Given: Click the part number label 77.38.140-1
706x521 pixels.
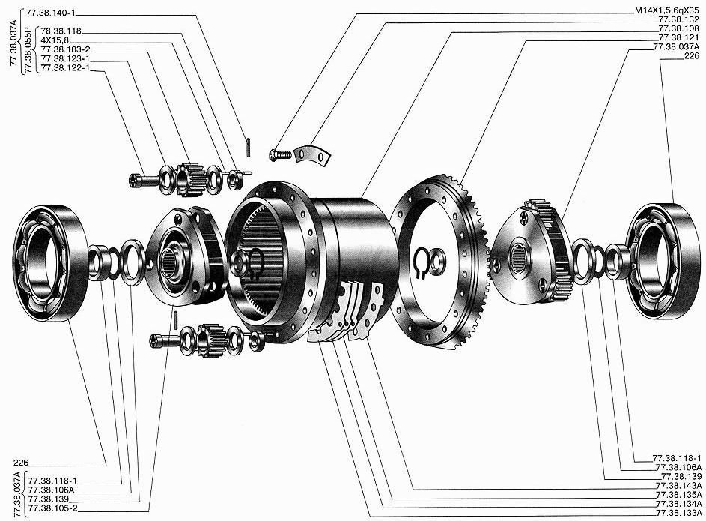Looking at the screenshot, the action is [50, 13].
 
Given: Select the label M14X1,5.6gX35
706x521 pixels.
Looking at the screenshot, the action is [667, 11].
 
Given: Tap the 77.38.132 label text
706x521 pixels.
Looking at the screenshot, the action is [678, 20].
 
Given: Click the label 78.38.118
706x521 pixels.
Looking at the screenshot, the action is [61, 31].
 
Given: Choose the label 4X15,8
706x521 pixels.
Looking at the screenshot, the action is [55, 40].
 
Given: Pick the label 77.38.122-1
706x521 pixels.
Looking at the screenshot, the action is [65, 68].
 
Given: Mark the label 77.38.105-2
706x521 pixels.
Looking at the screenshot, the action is [52, 508].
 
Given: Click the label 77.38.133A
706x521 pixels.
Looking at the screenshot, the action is [678, 514].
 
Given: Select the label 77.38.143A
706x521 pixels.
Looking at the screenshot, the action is [678, 486].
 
